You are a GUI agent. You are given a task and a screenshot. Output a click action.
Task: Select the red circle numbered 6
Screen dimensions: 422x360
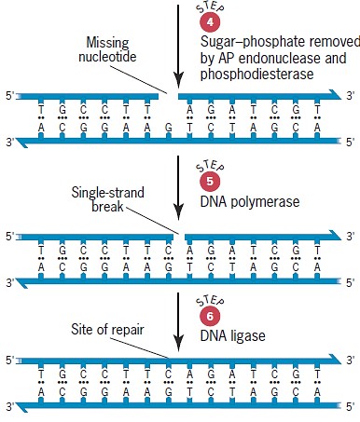[x=211, y=316]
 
